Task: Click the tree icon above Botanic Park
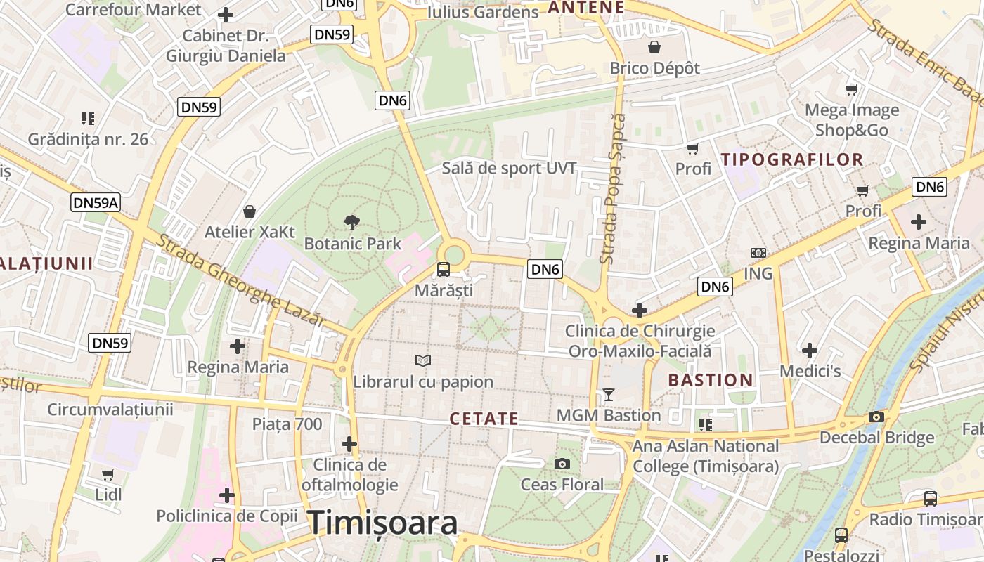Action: point(352,223)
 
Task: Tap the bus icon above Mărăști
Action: point(444,269)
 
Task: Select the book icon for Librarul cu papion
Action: point(422,361)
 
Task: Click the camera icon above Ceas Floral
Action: point(562,464)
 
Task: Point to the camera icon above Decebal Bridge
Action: point(876,417)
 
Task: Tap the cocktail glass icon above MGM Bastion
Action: point(609,395)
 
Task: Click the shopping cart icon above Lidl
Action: point(108,474)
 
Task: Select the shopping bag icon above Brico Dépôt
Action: point(654,47)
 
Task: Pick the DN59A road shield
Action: point(96,203)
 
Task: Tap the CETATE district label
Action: point(484,419)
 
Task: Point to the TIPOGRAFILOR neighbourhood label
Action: point(792,159)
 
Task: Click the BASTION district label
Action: point(711,380)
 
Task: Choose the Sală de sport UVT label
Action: point(509,168)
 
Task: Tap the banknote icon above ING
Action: point(758,253)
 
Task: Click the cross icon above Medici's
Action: point(810,350)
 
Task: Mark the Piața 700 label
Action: point(287,424)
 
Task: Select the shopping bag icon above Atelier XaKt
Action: point(250,211)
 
